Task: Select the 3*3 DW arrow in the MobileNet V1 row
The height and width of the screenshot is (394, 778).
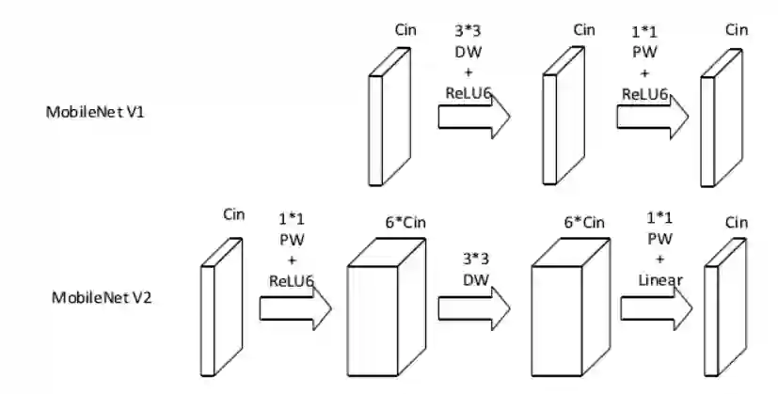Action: pyautogui.click(x=473, y=117)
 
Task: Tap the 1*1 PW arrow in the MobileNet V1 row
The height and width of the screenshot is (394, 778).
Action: pyautogui.click(x=652, y=117)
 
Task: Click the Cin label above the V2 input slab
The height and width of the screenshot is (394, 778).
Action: pyautogui.click(x=234, y=214)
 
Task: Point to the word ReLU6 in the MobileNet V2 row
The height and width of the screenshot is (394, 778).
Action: pyautogui.click(x=291, y=279)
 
